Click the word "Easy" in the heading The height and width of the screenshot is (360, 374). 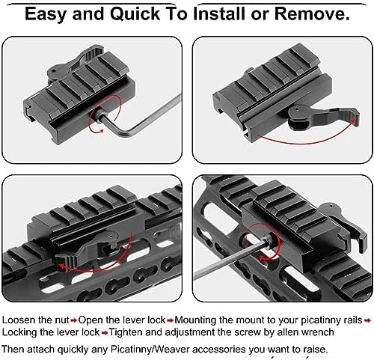pyautogui.click(x=46, y=14)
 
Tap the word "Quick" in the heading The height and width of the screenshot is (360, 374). pyautogui.click(x=135, y=13)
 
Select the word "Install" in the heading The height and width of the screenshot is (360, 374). pyautogui.click(x=220, y=13)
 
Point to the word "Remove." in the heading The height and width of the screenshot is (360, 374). pyautogui.click(x=312, y=13)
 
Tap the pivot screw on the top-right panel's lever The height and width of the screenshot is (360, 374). pyautogui.click(x=297, y=109)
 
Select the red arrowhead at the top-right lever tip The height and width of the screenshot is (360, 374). pyautogui.click(x=352, y=121)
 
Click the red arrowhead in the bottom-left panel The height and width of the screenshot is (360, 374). pyautogui.click(x=62, y=267)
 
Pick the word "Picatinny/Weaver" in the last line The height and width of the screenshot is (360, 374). pyautogui.click(x=150, y=349)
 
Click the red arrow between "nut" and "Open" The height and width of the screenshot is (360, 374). pyautogui.click(x=74, y=320)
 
